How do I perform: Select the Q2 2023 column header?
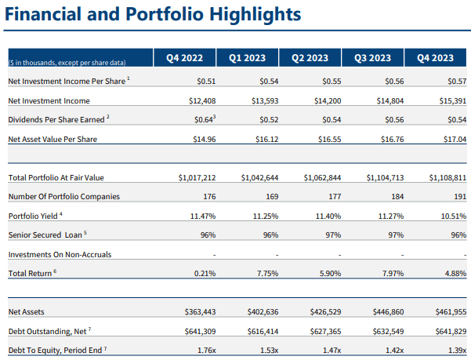310,56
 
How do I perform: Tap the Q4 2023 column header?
436,56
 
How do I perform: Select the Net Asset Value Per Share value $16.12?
263,139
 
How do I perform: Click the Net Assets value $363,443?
199,311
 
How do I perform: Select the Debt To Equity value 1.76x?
204,349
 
